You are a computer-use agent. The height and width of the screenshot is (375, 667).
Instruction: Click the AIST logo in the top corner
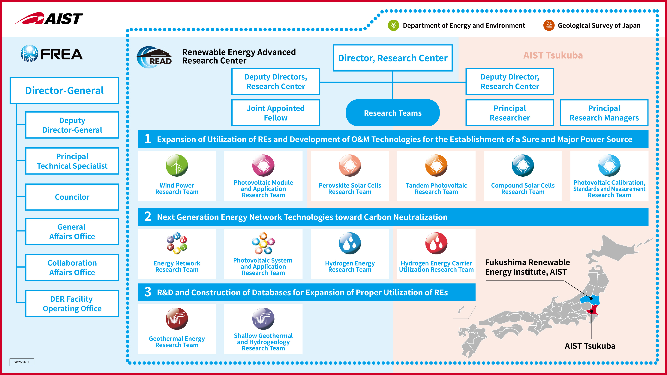[49, 18]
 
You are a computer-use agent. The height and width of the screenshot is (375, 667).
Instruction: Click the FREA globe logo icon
[29, 54]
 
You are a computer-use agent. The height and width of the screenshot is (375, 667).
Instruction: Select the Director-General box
[64, 91]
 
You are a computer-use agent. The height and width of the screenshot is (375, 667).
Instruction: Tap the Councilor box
[72, 197]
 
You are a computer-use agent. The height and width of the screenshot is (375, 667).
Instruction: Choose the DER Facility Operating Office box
[72, 304]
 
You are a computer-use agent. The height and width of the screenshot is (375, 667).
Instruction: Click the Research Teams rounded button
[392, 113]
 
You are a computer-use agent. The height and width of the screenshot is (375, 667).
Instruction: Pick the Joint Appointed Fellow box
[275, 113]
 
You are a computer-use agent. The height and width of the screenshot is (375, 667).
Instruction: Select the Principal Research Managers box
[604, 113]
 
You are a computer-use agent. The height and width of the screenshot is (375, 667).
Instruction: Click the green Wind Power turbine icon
[177, 166]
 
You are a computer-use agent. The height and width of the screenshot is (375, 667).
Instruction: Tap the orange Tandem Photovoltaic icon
[436, 166]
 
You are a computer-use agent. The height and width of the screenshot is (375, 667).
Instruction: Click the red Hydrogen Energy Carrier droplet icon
[436, 243]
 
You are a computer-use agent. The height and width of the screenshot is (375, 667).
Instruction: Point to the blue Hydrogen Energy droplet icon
[350, 243]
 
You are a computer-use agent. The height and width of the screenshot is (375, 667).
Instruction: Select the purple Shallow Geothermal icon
[263, 319]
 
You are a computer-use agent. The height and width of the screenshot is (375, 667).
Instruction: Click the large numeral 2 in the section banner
[148, 217]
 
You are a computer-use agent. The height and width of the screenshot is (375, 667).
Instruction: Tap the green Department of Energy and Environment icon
[393, 25]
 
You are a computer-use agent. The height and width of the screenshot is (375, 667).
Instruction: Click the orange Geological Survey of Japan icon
[549, 25]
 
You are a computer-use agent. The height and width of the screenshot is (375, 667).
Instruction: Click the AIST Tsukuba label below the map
[590, 346]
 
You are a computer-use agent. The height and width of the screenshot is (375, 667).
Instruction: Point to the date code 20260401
[22, 362]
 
